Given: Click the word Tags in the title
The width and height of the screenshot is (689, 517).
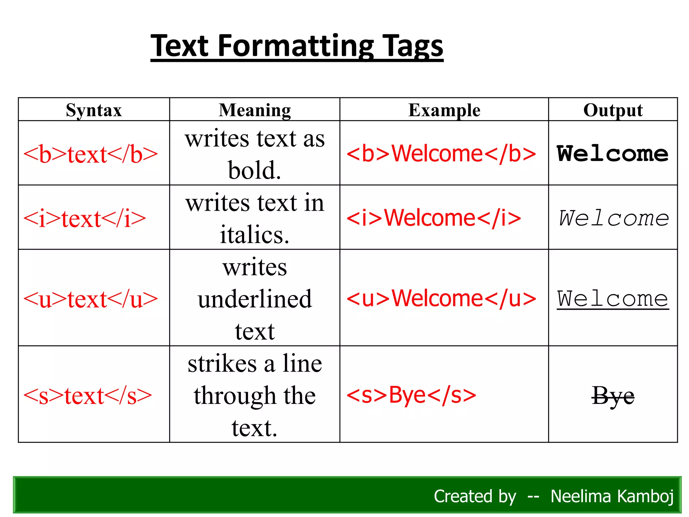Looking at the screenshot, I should [413, 46].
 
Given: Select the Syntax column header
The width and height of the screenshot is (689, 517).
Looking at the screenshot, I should [94, 110].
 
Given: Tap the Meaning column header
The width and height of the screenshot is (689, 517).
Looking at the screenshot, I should [255, 110].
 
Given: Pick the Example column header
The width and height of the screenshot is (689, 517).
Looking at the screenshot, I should [444, 110].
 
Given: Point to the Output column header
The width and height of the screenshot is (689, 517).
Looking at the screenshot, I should [613, 110].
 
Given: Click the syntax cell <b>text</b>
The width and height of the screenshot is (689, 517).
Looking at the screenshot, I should [90, 154].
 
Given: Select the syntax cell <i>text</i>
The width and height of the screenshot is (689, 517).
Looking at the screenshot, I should [84, 219].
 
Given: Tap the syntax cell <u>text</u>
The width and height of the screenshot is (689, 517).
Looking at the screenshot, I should [90, 299].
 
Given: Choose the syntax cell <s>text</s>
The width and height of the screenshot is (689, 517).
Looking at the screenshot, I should [87, 396].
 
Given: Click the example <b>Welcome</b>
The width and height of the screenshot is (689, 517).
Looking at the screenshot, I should [441, 154].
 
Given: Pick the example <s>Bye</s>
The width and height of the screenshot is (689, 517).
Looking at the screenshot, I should [411, 395].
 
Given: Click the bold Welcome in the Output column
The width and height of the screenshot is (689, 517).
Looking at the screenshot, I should [613, 154].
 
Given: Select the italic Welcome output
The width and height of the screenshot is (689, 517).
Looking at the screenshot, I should [614, 218].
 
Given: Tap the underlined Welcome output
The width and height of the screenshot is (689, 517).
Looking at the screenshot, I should [613, 299].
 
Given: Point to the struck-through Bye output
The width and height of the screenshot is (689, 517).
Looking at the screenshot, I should [613, 396].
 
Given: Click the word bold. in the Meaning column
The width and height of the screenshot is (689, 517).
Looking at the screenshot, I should [254, 170].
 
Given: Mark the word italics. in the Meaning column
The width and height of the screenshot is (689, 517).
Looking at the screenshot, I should [255, 235].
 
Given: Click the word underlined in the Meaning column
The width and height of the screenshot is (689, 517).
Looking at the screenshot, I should [255, 299].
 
